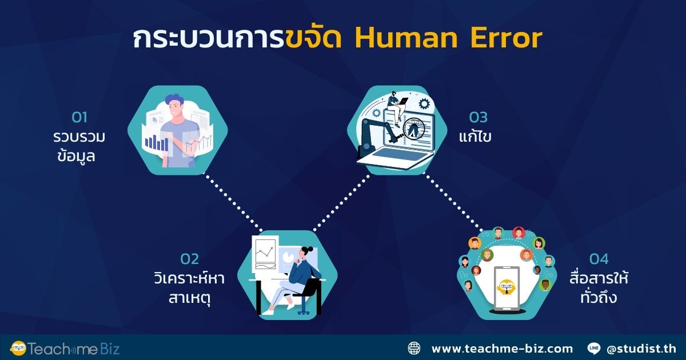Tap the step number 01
[x=79, y=118]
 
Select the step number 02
[x=190, y=259]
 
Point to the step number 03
[x=478, y=118]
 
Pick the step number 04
[x=599, y=259]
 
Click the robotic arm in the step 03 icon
[x=372, y=131]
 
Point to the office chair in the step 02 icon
[x=309, y=294]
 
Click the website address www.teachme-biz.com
[x=501, y=348]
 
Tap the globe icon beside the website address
[x=414, y=348]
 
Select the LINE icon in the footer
[x=593, y=348]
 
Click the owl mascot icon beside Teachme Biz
[x=19, y=348]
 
